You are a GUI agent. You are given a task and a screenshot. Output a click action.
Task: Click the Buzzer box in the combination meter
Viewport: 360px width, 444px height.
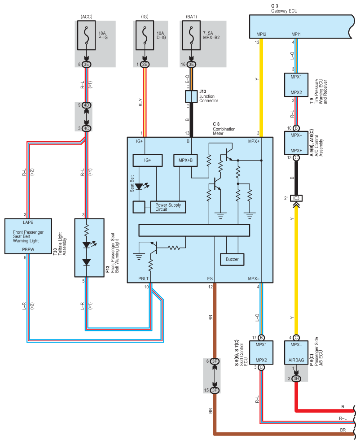point(232,259)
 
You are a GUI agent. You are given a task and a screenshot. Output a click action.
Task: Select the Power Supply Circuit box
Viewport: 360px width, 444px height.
point(168,207)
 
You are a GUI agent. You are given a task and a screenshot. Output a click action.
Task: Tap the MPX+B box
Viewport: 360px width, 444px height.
point(185,160)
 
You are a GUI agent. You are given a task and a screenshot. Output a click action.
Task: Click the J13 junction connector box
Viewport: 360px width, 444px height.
point(191,96)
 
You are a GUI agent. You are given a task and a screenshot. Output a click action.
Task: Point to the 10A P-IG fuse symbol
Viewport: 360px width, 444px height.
point(87,35)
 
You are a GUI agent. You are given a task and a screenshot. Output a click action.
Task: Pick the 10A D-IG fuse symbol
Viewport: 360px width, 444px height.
point(145,35)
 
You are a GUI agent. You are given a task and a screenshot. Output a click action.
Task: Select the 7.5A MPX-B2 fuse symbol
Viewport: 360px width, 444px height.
point(191,35)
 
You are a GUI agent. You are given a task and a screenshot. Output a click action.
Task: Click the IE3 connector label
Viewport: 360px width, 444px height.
point(296,198)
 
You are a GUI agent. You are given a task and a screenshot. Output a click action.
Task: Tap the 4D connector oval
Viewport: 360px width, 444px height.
point(87,105)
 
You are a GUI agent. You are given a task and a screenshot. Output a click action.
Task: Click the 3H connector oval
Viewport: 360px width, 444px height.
point(296,379)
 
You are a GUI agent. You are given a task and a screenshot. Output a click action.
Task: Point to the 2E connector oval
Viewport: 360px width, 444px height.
point(145,65)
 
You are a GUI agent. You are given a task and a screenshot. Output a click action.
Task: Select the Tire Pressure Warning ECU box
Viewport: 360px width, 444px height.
point(296,85)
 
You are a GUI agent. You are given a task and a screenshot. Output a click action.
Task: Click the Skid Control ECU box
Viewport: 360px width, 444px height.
point(261,352)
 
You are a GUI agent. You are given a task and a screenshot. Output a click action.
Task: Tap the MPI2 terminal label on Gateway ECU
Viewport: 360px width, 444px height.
point(261,34)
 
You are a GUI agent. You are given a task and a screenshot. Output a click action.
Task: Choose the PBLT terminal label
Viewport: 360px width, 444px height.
point(144,279)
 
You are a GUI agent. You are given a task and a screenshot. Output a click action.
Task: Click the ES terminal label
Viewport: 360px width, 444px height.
point(210,279)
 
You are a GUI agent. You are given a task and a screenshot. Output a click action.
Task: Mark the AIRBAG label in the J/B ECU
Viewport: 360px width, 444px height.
point(296,360)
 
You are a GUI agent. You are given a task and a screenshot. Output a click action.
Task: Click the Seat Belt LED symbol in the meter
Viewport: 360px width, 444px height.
point(140,187)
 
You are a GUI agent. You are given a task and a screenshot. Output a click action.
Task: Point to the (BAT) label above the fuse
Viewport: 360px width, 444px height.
point(191,17)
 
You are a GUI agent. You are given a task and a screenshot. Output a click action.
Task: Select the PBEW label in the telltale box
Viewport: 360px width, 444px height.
point(28,249)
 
